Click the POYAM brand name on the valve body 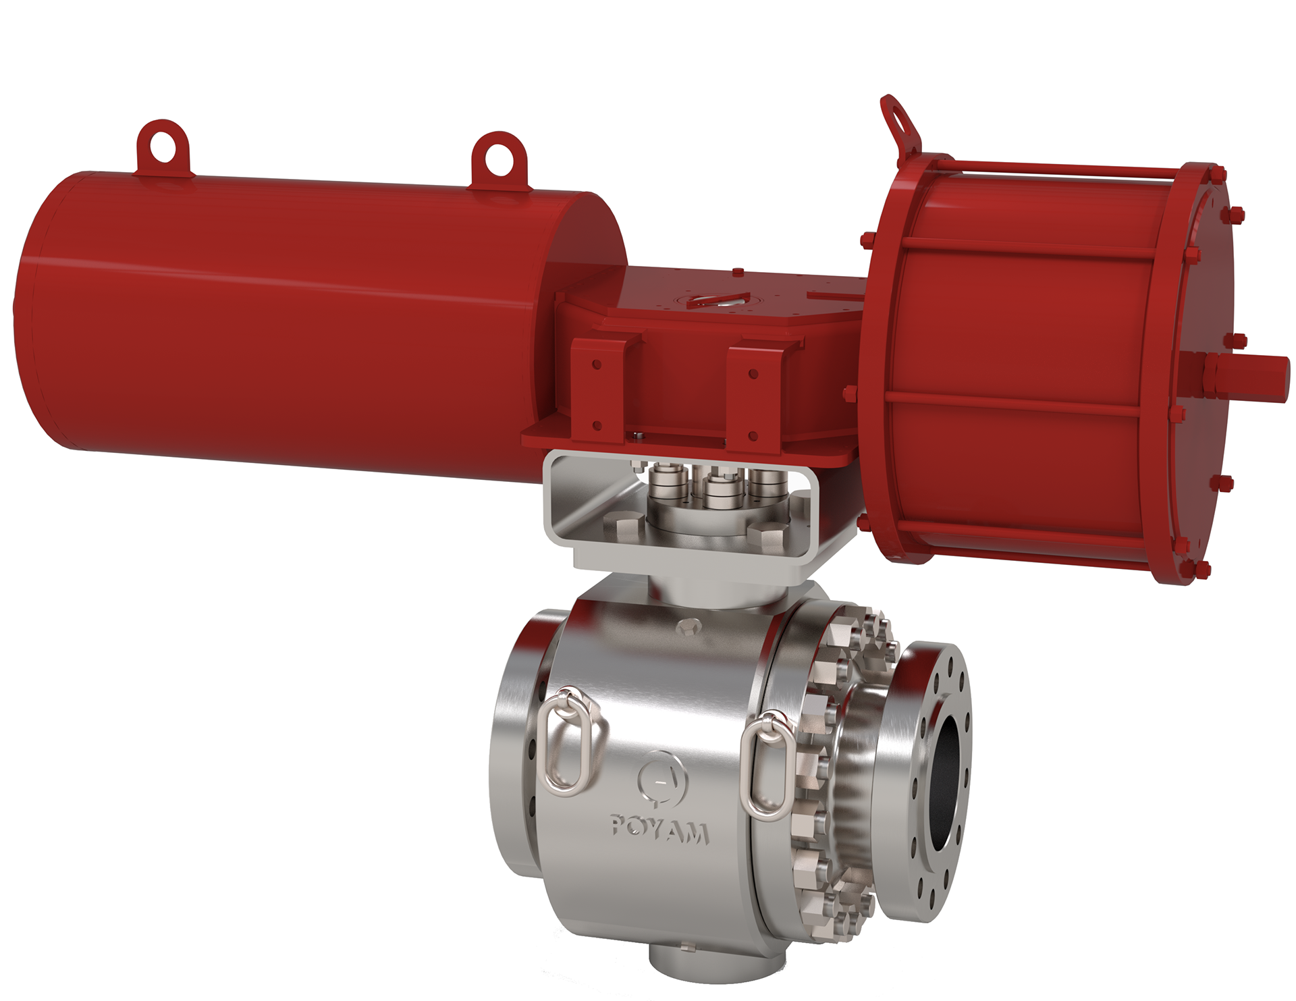click(659, 830)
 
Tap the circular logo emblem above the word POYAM click(661, 780)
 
